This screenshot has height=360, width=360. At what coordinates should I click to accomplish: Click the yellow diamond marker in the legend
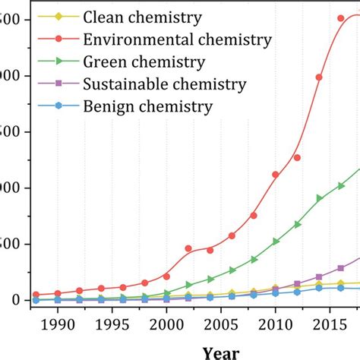(50, 16)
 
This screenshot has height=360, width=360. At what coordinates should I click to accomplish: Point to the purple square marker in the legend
(50, 84)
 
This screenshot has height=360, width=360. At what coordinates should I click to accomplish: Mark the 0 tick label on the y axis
(6, 301)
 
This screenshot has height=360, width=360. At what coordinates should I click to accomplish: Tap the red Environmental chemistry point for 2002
(188, 248)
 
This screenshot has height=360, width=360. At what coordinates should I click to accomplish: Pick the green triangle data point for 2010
(276, 242)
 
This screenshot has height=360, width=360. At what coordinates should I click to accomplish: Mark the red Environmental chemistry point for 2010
(276, 175)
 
